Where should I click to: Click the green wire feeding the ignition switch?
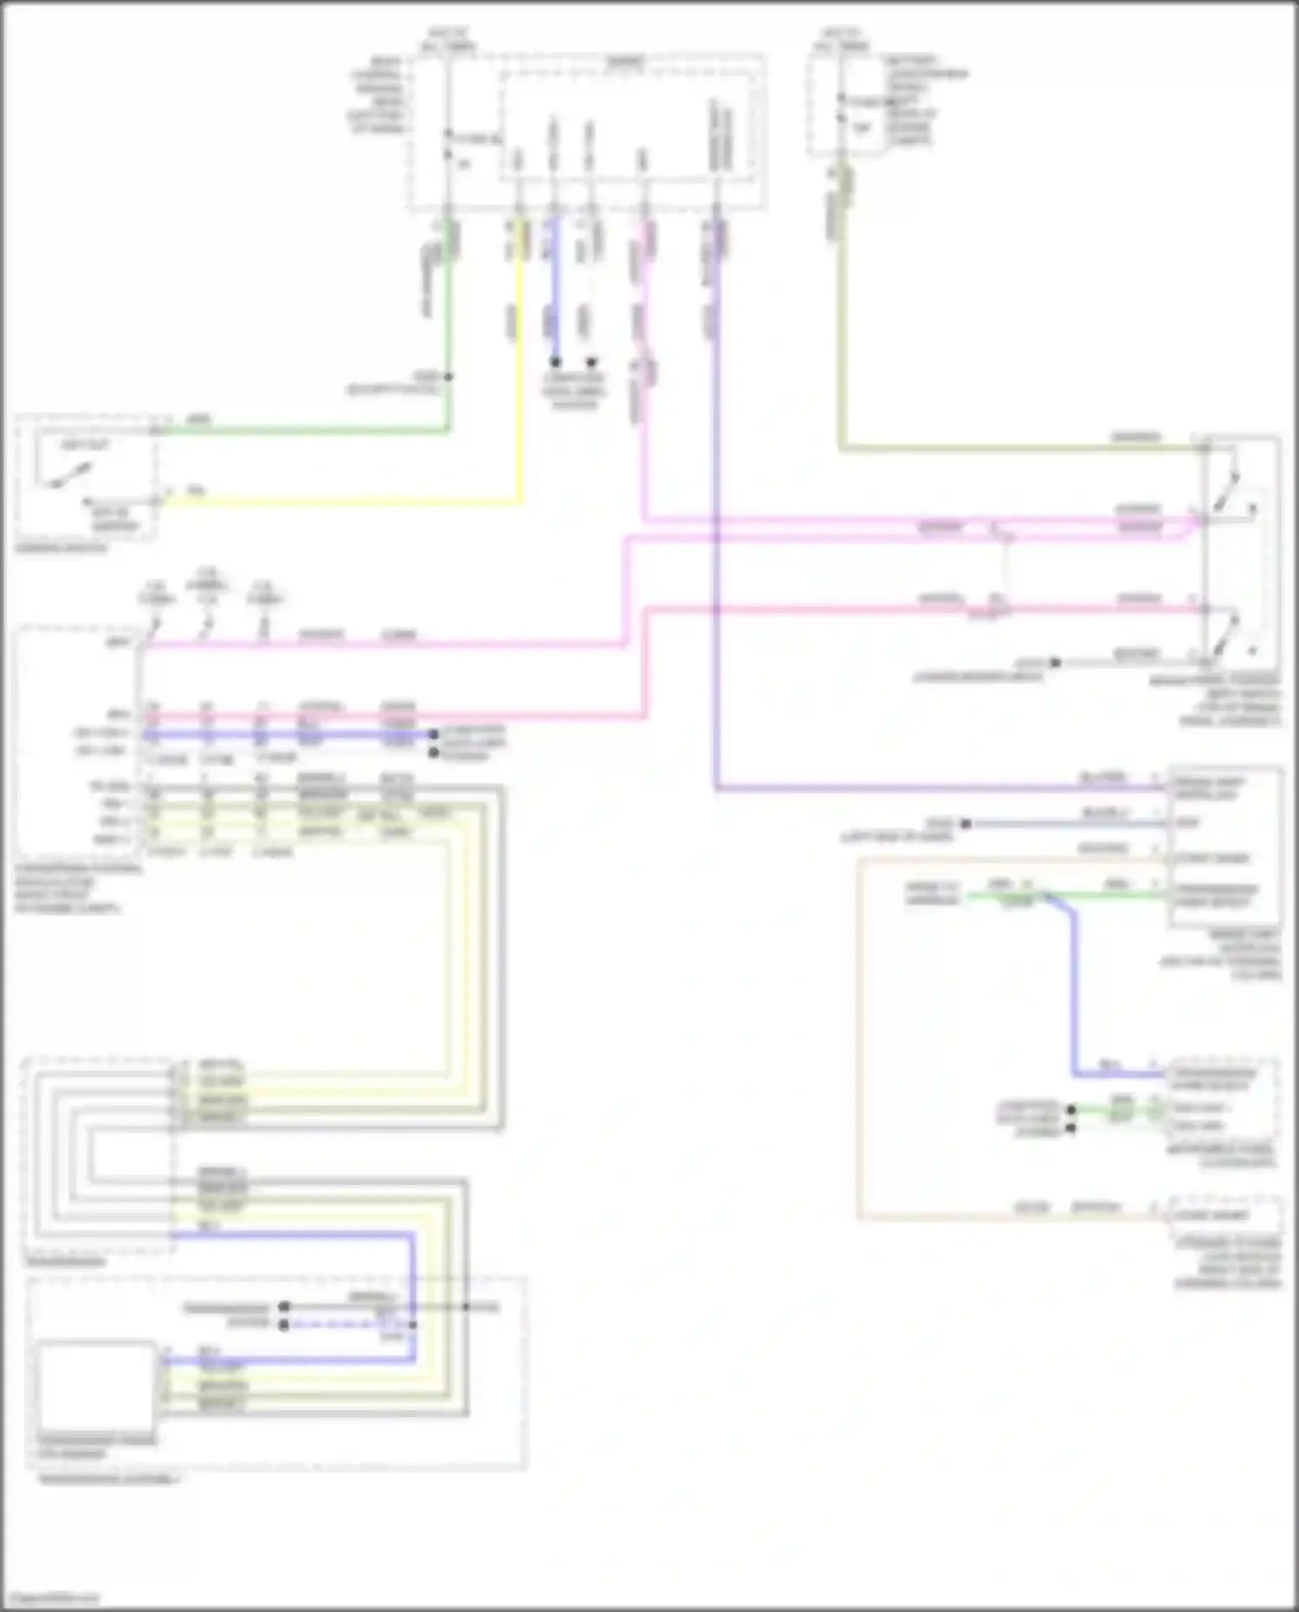[x=303, y=430]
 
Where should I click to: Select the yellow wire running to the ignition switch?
[x=346, y=502]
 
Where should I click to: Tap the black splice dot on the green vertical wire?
[x=448, y=377]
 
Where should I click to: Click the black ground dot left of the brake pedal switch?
[x=1055, y=663]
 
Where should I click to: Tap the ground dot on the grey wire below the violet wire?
[x=966, y=823]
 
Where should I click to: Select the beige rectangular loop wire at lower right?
[x=858, y=1039]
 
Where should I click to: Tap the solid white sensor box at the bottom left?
[x=96, y=1385]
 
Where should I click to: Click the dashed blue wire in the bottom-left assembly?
[x=346, y=1324]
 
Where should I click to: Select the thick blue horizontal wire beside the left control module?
[x=286, y=735]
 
